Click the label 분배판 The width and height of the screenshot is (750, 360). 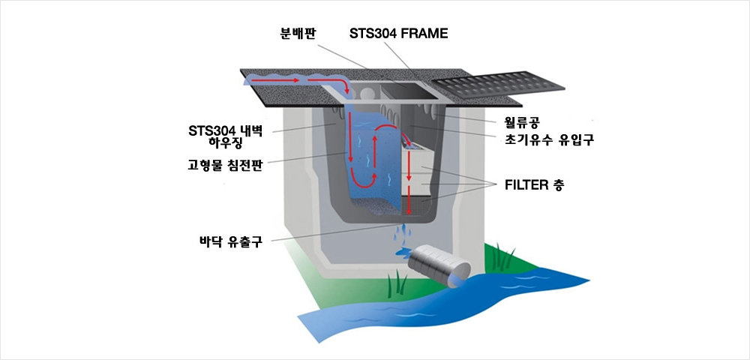pos(296,34)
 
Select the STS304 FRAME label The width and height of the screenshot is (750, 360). pos(398,34)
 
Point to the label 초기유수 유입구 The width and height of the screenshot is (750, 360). pos(546,139)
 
